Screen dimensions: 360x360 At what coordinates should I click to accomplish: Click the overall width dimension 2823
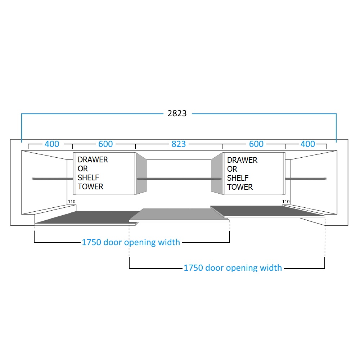177,114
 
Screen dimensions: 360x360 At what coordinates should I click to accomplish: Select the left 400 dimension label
52,144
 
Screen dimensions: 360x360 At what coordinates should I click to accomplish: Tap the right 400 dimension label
308,144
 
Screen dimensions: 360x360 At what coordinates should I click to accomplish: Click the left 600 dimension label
105,144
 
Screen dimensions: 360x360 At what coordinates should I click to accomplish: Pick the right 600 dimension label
256,144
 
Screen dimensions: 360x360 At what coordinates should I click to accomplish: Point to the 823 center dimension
179,144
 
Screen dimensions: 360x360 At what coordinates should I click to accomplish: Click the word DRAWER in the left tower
93,159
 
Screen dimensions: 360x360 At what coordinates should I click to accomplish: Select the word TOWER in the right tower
240,187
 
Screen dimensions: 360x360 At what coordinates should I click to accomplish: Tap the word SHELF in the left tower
88,177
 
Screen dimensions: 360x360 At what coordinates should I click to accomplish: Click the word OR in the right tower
232,169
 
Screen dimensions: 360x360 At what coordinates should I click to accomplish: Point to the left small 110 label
72,201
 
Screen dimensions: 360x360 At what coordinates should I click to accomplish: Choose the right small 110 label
286,202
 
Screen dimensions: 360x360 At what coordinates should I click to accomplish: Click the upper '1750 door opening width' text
131,242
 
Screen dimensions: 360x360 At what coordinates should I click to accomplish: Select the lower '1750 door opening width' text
233,268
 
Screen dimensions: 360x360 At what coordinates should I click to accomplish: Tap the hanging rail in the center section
179,179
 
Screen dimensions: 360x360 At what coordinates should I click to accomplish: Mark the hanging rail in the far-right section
306,179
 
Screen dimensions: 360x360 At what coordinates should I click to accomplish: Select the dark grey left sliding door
86,218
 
